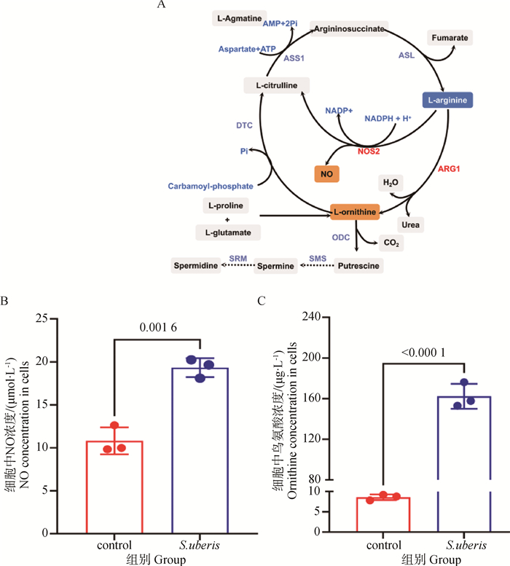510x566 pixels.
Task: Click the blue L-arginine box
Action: click(x=448, y=99)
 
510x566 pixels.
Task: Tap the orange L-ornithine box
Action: click(x=355, y=213)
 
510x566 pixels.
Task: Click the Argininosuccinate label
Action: click(x=349, y=27)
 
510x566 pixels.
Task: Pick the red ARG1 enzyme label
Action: click(x=450, y=168)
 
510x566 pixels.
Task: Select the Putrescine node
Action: click(x=358, y=267)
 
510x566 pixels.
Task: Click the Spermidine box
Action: click(x=196, y=266)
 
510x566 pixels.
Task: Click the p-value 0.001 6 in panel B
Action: click(x=157, y=328)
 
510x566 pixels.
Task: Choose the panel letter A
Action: click(x=160, y=6)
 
